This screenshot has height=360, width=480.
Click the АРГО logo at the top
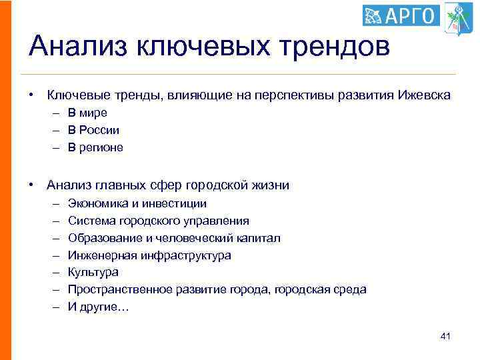tap(401, 15)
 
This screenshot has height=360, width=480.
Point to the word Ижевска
tap(424, 95)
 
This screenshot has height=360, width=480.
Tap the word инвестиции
tap(179, 203)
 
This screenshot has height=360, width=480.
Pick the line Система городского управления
tap(159, 221)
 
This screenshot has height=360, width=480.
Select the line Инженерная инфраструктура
tap(149, 255)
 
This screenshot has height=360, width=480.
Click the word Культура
tap(93, 273)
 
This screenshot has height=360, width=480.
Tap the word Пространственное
tap(121, 290)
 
